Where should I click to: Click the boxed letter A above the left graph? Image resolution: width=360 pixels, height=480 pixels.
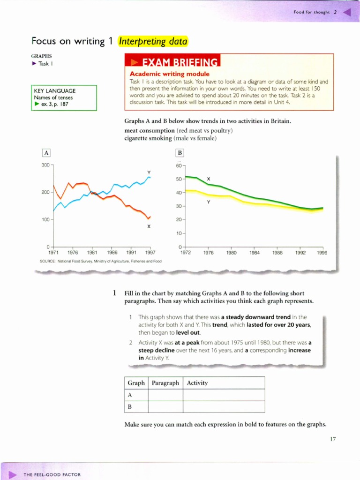click(46, 152)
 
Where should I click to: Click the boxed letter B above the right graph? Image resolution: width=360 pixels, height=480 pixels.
click(180, 152)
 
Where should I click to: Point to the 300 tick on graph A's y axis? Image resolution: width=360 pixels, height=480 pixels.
click(45, 165)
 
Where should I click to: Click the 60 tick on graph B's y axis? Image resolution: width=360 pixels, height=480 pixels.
click(179, 165)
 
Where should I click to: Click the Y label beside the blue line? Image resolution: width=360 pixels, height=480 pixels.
click(149, 172)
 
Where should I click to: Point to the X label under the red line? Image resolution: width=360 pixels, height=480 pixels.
click(149, 226)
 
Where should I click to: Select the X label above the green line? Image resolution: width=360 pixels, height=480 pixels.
click(209, 179)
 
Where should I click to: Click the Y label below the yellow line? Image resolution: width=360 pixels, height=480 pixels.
click(209, 202)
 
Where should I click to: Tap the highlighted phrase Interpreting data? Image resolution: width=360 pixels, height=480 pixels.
click(153, 41)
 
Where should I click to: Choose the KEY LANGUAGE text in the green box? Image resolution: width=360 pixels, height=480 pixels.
click(54, 91)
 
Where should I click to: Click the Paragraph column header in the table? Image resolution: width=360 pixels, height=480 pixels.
click(165, 383)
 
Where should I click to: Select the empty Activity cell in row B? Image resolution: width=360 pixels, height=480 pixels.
click(224, 406)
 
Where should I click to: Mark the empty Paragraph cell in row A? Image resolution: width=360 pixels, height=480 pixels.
click(165, 395)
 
